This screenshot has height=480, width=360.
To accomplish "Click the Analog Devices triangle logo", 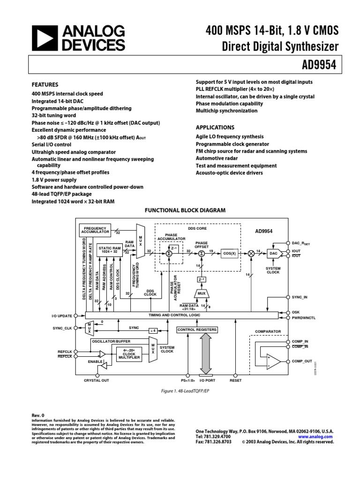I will click(x=44, y=38).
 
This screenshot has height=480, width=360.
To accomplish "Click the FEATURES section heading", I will click(x=45, y=85).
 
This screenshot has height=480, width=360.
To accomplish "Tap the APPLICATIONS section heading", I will click(x=215, y=127).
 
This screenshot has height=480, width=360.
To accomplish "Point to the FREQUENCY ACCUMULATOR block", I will click(x=95, y=230).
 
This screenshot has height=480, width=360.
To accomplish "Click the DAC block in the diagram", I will click(x=274, y=253).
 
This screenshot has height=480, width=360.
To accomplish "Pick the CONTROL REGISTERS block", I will click(x=197, y=330).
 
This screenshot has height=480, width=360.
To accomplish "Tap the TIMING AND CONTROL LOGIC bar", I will click(x=174, y=315).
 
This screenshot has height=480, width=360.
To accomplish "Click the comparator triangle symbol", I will click(x=273, y=361).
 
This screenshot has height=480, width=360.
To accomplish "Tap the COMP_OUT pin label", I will click(x=302, y=361).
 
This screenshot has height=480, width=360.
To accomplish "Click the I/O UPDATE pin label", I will click(x=62, y=315).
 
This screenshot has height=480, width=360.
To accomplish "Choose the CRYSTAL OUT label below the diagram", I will click(x=96, y=380).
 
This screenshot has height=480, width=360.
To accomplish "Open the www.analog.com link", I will click(x=315, y=436).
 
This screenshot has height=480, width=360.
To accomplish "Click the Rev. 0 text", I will click(x=38, y=415).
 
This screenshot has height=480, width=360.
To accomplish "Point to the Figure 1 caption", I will click(x=180, y=390).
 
